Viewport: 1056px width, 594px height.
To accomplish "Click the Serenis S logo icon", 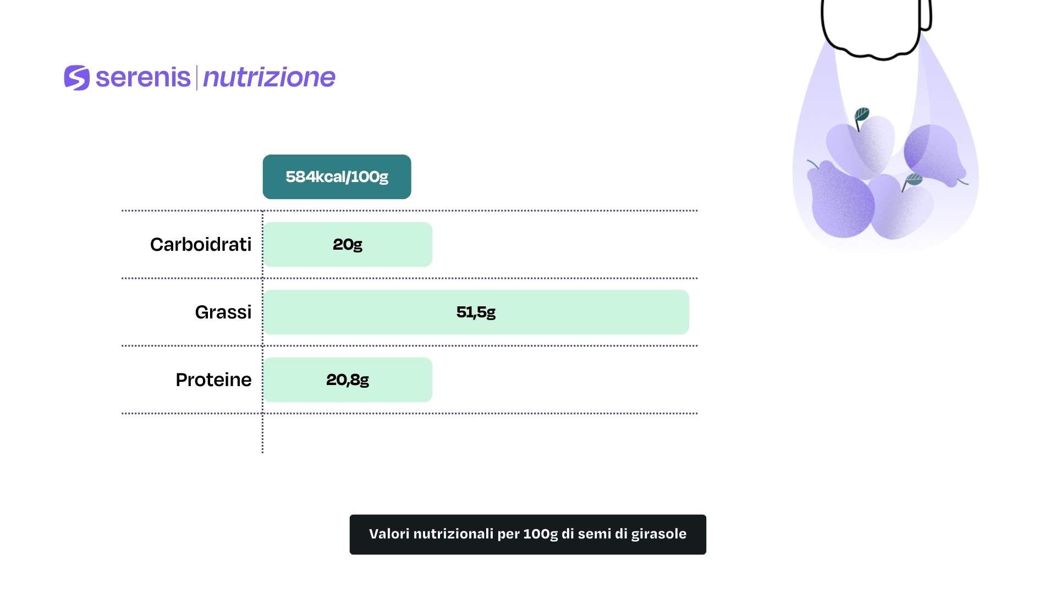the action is (x=77, y=78).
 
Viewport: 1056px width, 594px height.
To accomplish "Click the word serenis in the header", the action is (x=143, y=77).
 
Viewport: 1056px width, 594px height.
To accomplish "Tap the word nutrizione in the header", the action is (x=269, y=77).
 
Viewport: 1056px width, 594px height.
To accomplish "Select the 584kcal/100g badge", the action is (x=337, y=177).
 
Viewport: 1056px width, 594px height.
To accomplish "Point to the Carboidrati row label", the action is (x=201, y=244).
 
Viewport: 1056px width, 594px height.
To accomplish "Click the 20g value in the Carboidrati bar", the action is (x=348, y=244).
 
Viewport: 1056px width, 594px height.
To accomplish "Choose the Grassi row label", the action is (x=223, y=312).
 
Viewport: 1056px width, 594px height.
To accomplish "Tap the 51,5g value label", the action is (x=476, y=312).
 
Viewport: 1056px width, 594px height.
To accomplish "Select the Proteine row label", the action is (x=213, y=380).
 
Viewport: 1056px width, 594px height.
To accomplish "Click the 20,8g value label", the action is (x=348, y=380).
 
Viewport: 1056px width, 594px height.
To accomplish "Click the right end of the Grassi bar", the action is (x=689, y=312).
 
